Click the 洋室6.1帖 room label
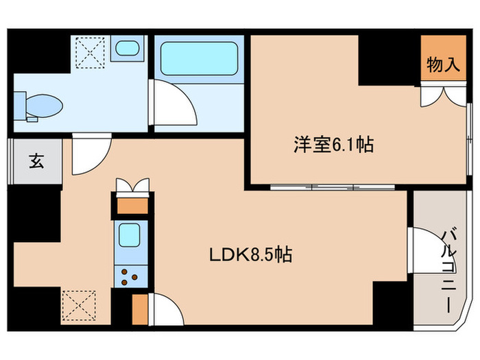point(333,145)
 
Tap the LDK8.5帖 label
point(251,256)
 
